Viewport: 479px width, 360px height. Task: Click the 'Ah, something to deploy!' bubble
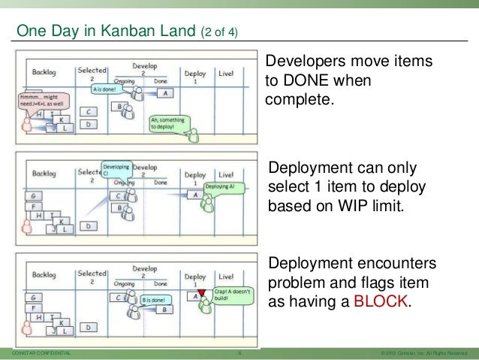tap(167, 123)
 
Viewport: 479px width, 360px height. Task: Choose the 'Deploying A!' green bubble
tap(221, 186)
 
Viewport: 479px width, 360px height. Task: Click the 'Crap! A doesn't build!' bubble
tap(230, 294)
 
